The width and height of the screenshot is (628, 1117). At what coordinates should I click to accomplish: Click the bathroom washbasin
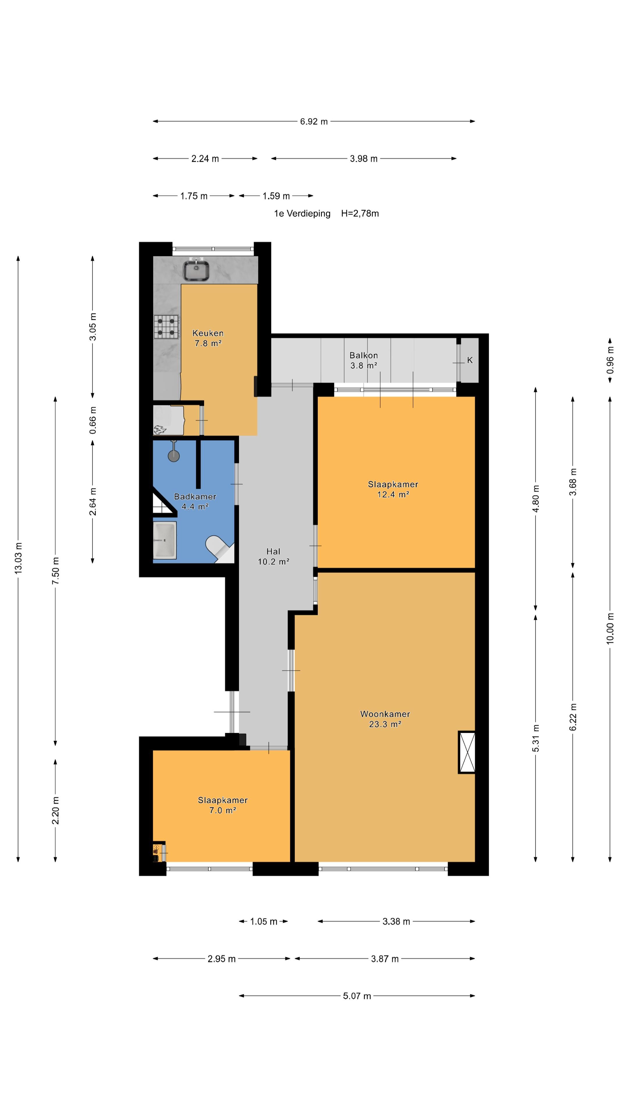(165, 540)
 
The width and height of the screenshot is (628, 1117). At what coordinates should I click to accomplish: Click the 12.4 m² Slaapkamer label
(393, 489)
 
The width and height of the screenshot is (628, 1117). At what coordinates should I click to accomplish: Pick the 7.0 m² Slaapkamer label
(223, 805)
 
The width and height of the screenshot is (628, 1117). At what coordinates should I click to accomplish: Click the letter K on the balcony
(470, 360)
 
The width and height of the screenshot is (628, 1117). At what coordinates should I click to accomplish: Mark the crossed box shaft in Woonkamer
(467, 752)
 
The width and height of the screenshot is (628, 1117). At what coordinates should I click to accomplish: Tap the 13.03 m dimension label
(18, 558)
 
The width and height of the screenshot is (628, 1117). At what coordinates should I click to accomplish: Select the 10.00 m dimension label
(610, 629)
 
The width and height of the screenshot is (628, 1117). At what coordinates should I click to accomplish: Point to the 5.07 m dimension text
(357, 996)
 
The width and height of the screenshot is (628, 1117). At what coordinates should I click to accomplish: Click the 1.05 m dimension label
(263, 922)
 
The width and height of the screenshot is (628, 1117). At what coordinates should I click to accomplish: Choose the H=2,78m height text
(360, 213)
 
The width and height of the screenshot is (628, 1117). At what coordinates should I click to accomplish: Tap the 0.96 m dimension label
(610, 360)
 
